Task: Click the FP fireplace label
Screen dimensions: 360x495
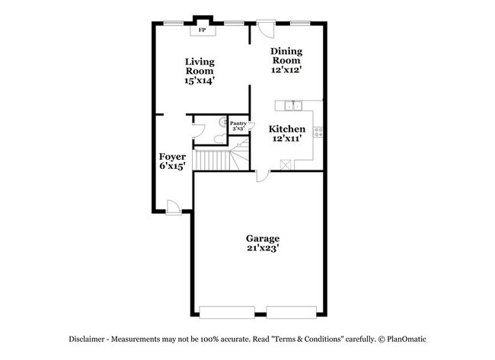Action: click(x=203, y=30)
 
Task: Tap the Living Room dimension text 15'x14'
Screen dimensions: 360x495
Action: click(x=199, y=81)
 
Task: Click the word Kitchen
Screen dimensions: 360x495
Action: click(x=287, y=129)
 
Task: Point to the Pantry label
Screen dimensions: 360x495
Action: click(x=238, y=123)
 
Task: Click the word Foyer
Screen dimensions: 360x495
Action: click(x=172, y=156)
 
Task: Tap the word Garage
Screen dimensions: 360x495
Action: click(x=262, y=237)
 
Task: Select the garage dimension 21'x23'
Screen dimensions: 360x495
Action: click(x=262, y=248)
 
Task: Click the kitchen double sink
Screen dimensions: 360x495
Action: click(x=292, y=106)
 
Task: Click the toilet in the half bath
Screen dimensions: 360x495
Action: click(x=218, y=139)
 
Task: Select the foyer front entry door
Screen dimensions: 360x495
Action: click(x=172, y=206)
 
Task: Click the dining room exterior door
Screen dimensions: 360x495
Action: click(x=266, y=29)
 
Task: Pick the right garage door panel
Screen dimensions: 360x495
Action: click(x=291, y=311)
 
